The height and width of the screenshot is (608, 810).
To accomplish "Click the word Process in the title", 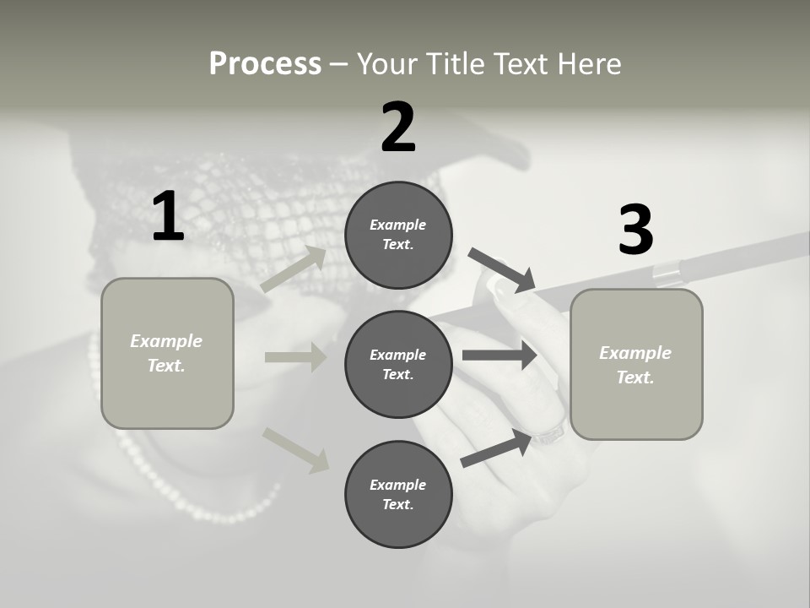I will coord(265,63).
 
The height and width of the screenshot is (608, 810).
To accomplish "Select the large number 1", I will coord(168,217).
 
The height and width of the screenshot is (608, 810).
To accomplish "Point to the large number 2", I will coord(398,128).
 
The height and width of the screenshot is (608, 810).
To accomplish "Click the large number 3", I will coord(635,230).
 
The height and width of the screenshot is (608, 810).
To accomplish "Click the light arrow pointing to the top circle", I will coord(294,269).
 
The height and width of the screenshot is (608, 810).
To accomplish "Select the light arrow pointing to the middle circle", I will coord(295,357).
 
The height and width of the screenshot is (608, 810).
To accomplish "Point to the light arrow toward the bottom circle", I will coord(296,449).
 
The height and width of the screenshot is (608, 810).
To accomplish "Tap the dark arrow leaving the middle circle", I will coord(499,356).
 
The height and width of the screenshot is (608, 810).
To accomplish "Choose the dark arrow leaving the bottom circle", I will coord(496,448).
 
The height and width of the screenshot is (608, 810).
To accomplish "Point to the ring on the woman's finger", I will coord(548,436).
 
